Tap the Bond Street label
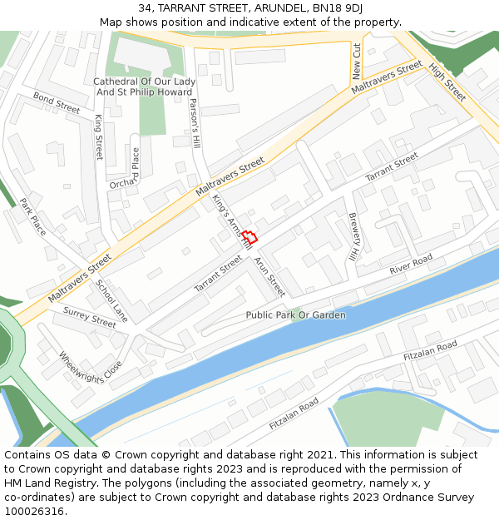click(57, 103)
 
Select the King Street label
click(98, 137)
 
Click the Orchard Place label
click(124, 168)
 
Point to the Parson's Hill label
click(195, 126)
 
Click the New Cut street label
click(356, 60)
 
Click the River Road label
click(412, 265)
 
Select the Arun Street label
click(269, 277)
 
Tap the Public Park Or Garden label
click(295, 315)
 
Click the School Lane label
click(111, 300)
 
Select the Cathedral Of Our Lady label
click(145, 82)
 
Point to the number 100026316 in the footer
click(34, 512)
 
